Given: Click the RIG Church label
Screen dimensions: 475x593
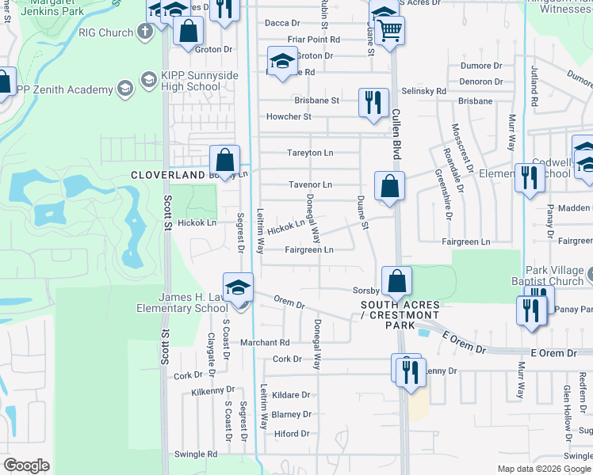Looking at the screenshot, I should coord(106,32).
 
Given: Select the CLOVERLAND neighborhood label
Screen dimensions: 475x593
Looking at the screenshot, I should coord(167,174).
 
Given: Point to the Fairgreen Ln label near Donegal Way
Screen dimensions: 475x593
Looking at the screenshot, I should coord(308,249).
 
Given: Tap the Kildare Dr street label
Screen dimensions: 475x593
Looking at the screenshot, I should coord(290,394).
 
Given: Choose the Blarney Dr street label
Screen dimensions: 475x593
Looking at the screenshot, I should coord(291,414).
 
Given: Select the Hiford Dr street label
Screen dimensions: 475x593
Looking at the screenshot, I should coord(291,434).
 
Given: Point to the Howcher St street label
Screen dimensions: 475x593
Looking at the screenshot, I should coord(289,116).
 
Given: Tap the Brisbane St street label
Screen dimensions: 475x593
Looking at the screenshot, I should coord(316,101).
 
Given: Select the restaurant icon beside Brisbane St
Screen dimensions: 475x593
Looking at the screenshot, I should coord(373,102).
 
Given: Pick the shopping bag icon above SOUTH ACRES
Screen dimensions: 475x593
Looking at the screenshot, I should coord(396,281).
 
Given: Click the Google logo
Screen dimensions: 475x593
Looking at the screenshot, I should coord(26,465).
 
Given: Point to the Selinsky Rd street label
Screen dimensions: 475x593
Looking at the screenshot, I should coord(424,92).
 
